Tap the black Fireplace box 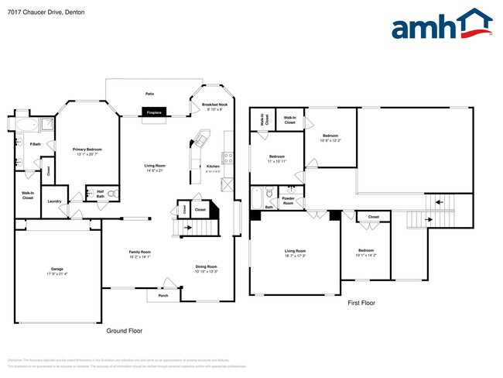click(154, 112)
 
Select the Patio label click(149, 93)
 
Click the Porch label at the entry click(163, 295)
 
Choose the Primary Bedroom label click(87, 150)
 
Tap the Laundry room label click(54, 201)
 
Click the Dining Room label click(206, 268)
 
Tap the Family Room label click(139, 253)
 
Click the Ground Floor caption click(124, 331)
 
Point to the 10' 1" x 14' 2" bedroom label click(366, 252)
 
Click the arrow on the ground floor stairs click(186, 227)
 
